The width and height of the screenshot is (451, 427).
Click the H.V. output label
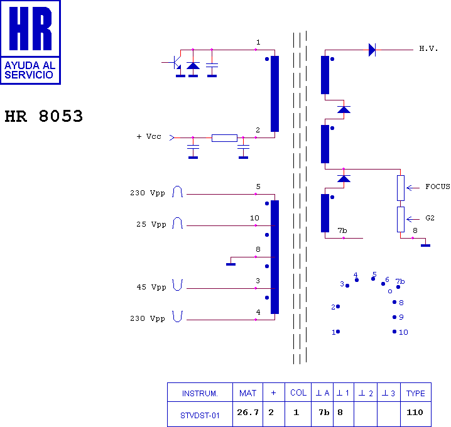428,48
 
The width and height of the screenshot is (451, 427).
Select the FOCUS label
438,187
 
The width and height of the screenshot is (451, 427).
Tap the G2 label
430,218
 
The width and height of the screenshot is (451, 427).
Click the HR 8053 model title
44,116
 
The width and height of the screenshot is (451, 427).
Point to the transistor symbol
175,62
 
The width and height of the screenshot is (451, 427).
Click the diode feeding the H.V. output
372,50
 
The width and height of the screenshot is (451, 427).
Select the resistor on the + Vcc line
224,138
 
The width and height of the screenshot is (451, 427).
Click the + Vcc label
149,137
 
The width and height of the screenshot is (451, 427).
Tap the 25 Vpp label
151,224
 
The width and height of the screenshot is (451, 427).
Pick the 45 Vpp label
151,287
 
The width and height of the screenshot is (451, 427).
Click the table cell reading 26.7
247,413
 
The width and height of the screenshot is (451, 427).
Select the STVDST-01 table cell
200,415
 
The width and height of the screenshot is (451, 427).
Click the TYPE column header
416,393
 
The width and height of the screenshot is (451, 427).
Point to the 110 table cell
415,413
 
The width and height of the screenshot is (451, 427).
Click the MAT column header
247,393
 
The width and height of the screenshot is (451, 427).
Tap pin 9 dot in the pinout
394,317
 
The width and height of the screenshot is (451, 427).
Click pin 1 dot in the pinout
338,332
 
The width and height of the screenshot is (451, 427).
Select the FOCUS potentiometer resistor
401,188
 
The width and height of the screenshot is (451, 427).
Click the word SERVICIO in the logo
29,75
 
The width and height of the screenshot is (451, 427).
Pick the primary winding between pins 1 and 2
274,94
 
